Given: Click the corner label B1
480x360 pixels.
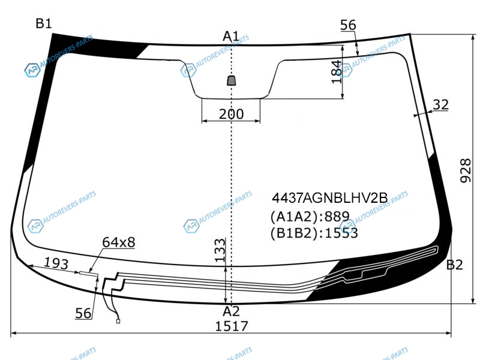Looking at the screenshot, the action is click(44, 23).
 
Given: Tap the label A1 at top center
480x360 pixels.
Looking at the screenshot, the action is click(231, 37).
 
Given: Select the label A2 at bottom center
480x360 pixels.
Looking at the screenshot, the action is click(231, 311).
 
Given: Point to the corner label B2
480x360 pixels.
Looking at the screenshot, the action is click(455, 265).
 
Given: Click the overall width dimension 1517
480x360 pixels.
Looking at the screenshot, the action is click(232, 326).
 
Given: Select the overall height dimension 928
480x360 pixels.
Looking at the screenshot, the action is click(466, 170).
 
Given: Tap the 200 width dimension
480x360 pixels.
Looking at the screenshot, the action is click(232, 114).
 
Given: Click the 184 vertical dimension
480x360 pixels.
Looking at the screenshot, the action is click(337, 71).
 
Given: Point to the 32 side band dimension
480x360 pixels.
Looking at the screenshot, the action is click(441, 104).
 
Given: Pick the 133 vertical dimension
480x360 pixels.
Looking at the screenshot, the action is click(220, 250).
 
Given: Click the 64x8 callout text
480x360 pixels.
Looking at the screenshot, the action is click(118, 242).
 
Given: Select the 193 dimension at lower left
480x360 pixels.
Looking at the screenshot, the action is click(56, 263).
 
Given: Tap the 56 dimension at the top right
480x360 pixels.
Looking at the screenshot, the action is click(348, 25).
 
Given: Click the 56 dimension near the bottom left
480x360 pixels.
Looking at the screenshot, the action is click(83, 313).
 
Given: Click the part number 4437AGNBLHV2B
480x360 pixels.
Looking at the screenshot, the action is click(329, 198).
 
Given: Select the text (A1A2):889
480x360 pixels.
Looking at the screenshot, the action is click(310, 217).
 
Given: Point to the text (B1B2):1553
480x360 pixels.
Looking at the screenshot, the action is click(314, 233).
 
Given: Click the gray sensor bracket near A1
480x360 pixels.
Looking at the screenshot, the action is click(232, 80).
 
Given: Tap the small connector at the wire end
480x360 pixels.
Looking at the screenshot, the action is click(118, 321).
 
